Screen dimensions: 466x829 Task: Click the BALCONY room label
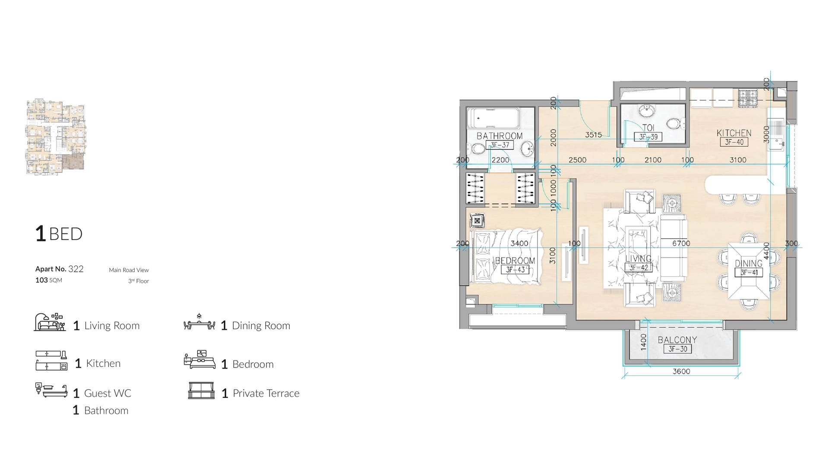click(677, 340)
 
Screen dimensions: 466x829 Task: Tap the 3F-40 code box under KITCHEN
click(734, 142)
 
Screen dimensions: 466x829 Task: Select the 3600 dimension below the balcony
click(681, 372)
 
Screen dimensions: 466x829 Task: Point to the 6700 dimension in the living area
click(681, 243)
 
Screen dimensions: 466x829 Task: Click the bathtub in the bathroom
click(494, 118)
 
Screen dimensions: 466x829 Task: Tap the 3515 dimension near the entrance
click(593, 135)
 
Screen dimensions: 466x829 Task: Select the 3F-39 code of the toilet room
click(648, 137)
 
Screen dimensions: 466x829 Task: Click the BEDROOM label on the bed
click(515, 261)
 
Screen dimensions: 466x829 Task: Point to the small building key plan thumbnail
click(56, 137)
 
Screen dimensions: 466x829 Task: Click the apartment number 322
click(76, 269)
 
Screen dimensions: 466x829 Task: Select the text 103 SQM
click(48, 280)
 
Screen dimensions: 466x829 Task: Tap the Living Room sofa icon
click(50, 322)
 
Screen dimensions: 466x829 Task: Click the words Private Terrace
click(266, 394)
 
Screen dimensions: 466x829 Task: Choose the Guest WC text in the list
click(108, 394)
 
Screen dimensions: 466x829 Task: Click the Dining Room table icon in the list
click(199, 322)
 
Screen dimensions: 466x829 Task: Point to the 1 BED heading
click(59, 234)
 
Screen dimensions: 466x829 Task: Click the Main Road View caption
click(129, 270)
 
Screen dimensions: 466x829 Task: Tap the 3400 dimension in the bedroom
click(519, 243)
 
